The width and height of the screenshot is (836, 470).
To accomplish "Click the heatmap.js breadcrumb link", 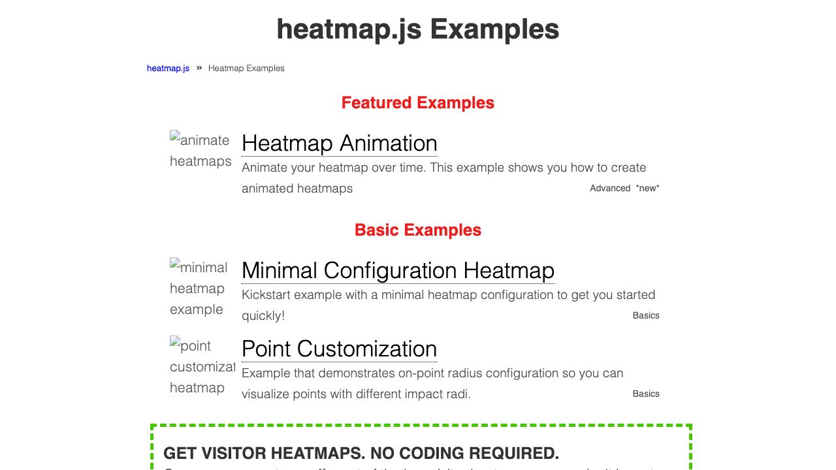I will [x=168, y=69].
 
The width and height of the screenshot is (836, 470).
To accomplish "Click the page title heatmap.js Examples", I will [x=417, y=29].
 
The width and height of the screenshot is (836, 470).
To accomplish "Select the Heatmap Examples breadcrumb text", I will [x=246, y=69].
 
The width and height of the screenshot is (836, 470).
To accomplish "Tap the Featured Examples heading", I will [x=417, y=103].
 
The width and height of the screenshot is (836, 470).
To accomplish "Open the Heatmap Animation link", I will [x=339, y=144].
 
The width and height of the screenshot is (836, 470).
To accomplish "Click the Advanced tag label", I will [x=609, y=189].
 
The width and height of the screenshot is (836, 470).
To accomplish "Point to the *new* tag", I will [x=647, y=189].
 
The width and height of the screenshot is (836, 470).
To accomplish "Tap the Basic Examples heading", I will [x=417, y=230].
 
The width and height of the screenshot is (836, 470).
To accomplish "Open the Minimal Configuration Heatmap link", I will [x=398, y=271].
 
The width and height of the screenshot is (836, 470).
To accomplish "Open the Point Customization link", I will [x=339, y=349].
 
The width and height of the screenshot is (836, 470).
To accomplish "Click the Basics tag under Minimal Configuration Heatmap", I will [x=646, y=316].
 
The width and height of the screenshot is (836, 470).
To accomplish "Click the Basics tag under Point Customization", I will [x=646, y=394].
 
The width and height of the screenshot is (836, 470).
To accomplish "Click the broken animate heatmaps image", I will [x=200, y=150].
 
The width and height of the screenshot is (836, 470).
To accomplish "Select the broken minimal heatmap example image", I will [x=199, y=288].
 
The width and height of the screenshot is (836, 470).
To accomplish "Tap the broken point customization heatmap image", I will [x=202, y=366].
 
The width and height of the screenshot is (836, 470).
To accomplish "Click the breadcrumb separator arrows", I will [x=199, y=68].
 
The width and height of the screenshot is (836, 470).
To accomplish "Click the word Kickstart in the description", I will [x=266, y=295].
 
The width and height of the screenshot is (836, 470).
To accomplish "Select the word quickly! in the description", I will [x=263, y=316].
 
